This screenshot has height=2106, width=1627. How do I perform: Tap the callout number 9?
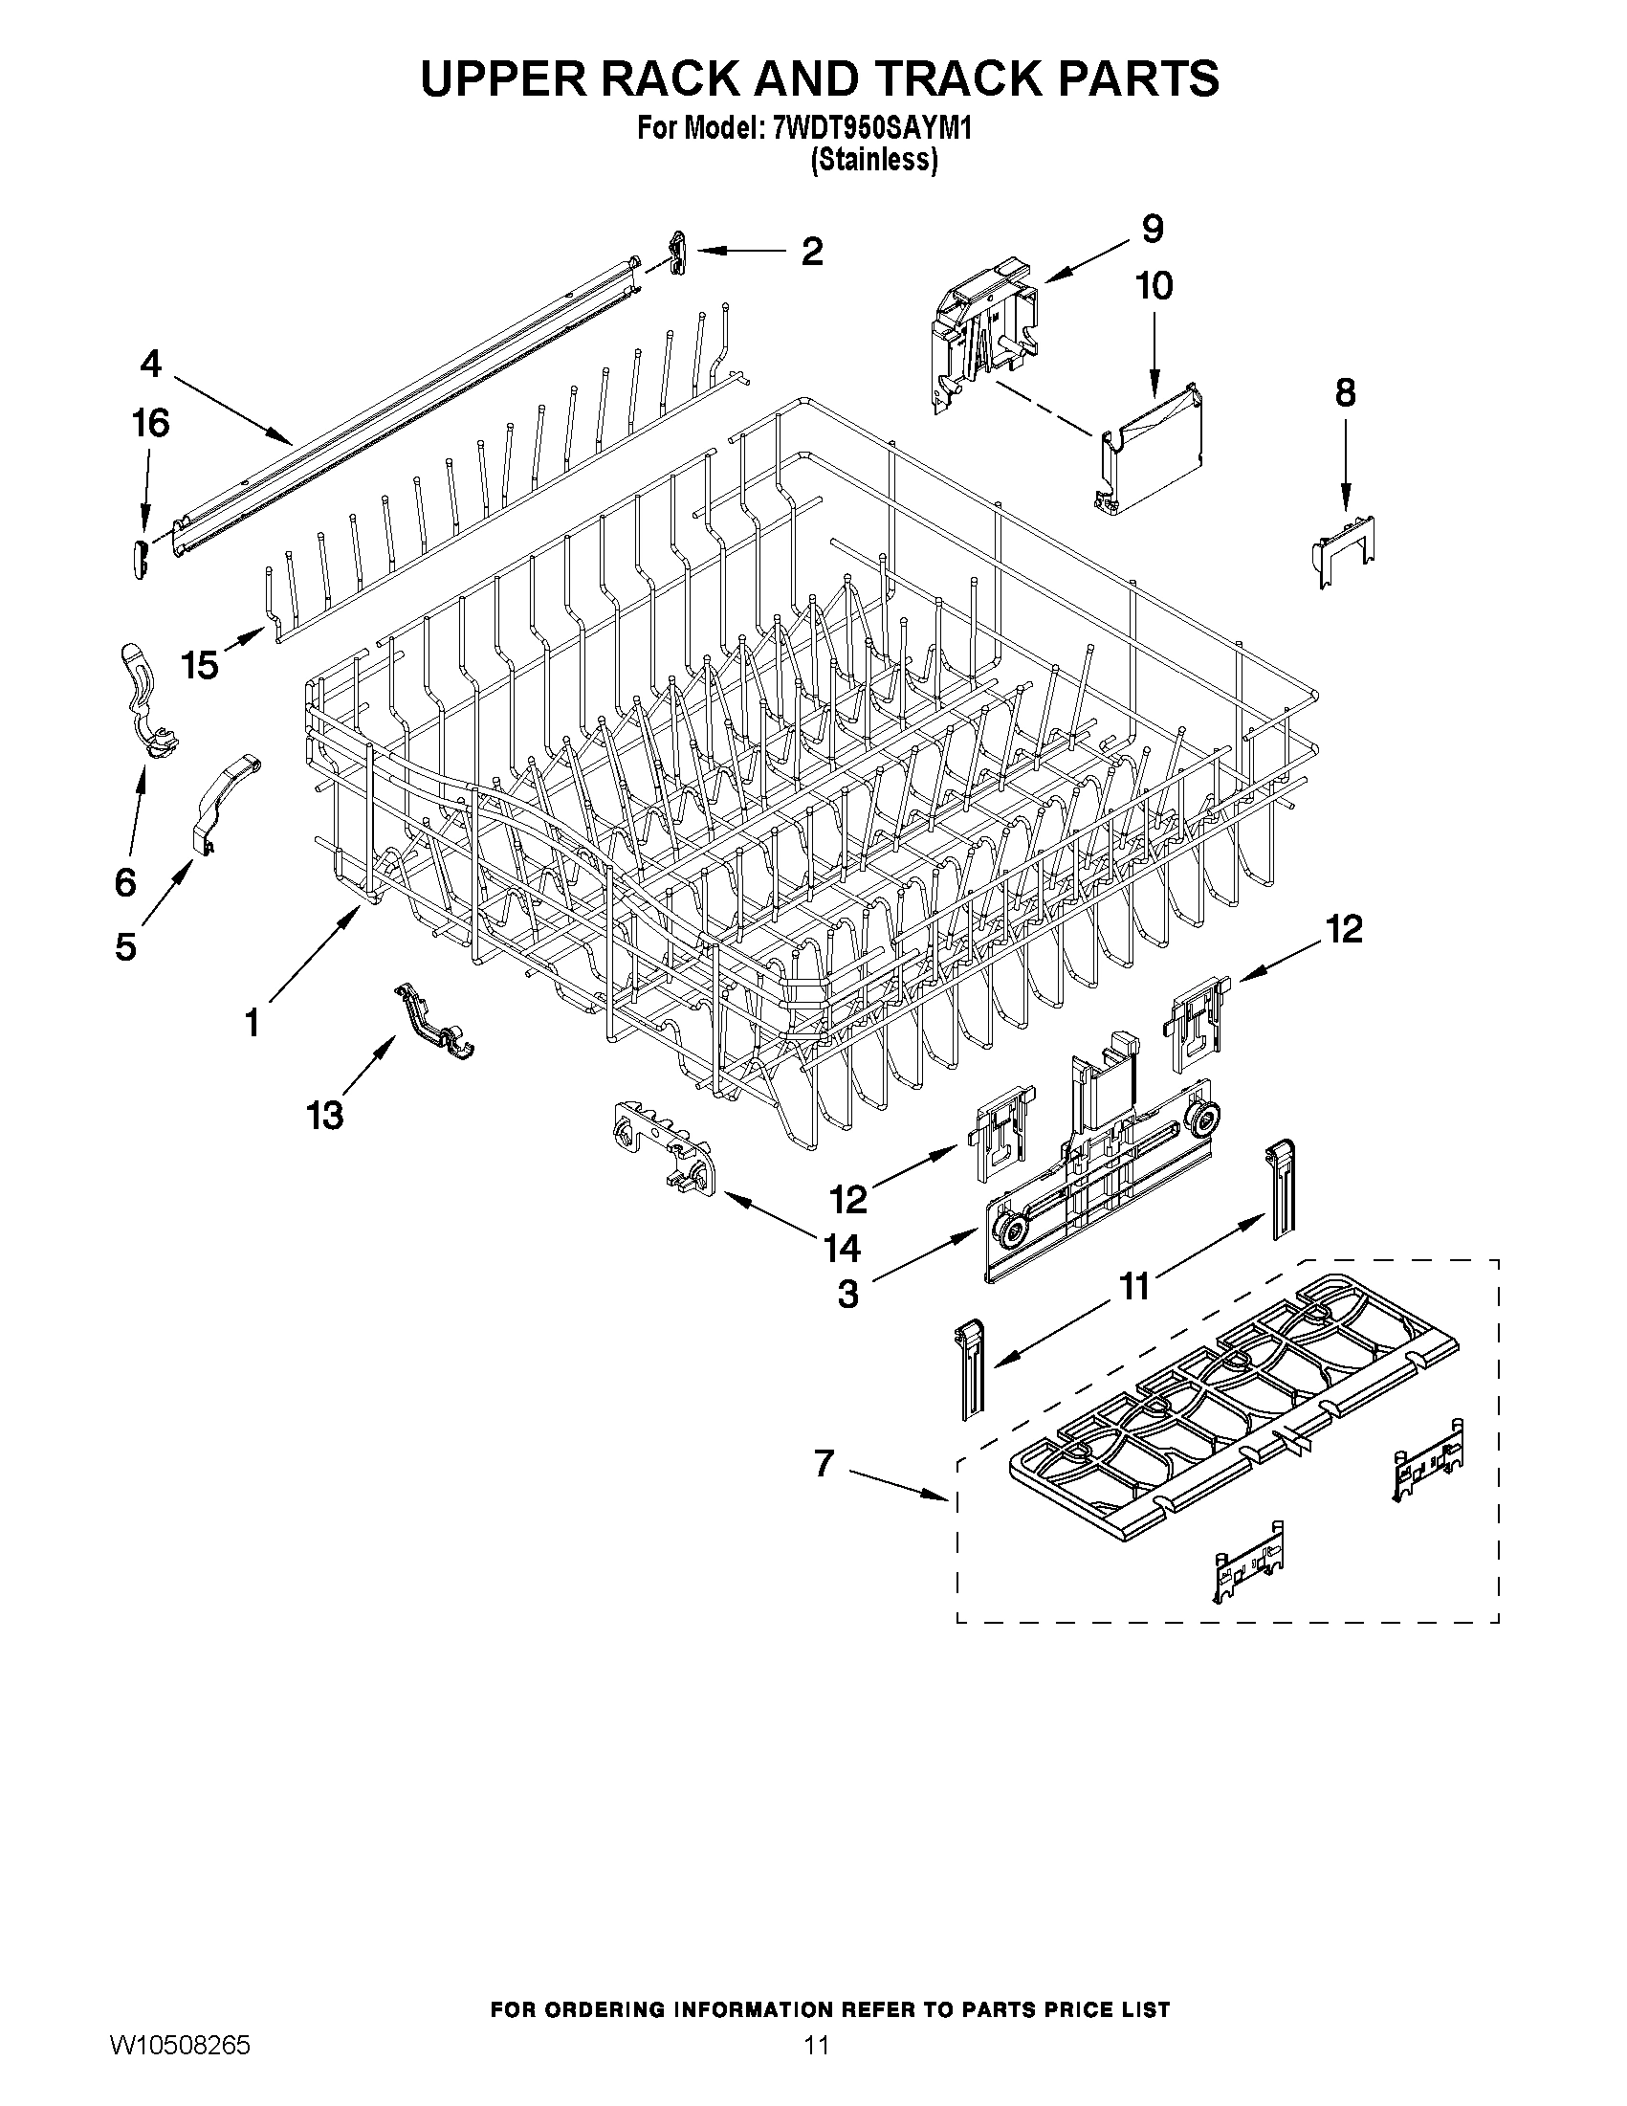(1153, 229)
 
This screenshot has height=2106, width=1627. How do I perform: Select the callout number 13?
(325, 1116)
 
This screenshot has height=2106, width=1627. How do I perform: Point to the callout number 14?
(842, 1249)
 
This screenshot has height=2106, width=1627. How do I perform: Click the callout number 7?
(824, 1463)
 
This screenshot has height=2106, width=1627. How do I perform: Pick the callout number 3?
(847, 1294)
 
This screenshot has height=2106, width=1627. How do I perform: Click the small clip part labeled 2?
(678, 252)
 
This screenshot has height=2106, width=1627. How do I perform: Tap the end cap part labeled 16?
(141, 560)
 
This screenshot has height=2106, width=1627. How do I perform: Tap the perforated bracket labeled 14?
(665, 1148)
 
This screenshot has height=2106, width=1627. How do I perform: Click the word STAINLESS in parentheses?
(873, 160)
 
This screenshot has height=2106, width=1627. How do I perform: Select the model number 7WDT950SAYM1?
(871, 128)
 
